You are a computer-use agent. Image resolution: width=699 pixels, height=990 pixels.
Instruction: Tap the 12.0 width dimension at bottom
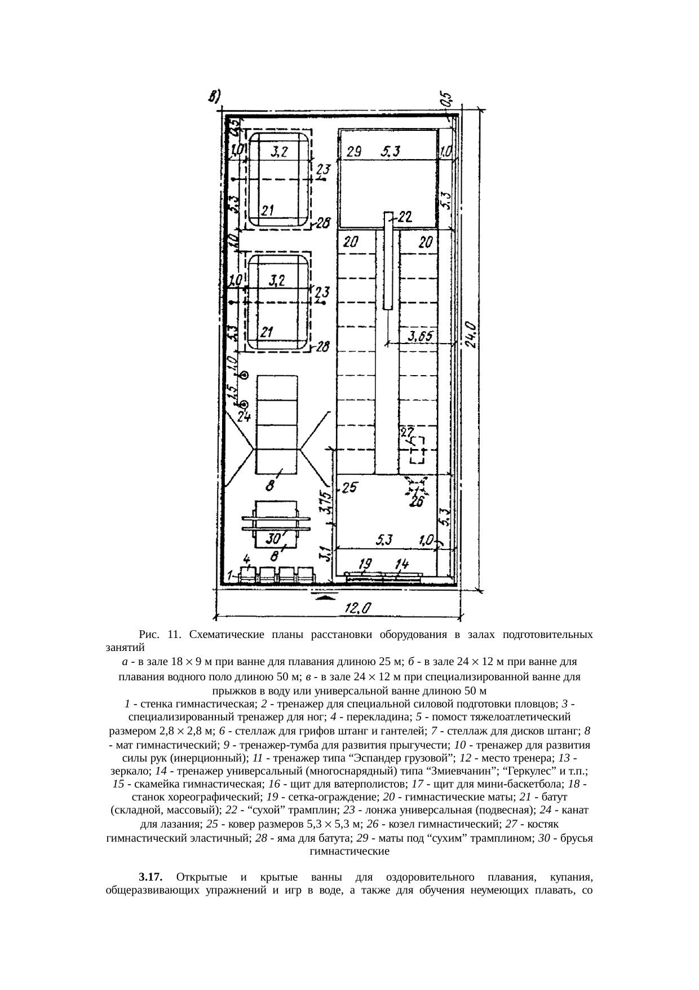tap(358, 608)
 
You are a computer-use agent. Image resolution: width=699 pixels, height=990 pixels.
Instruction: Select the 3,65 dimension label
tap(421, 336)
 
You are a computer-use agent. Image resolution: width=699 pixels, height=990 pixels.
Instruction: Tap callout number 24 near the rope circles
tap(244, 417)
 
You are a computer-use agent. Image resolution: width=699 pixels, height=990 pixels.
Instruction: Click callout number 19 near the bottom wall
tap(365, 563)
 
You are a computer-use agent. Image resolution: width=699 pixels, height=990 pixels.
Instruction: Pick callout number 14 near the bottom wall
tap(402, 563)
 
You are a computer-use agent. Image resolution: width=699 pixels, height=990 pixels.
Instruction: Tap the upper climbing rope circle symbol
tap(245, 375)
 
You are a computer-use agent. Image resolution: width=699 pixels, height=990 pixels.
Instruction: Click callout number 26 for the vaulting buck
tap(417, 501)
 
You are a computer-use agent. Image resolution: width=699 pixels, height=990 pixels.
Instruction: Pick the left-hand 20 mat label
tap(351, 243)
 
